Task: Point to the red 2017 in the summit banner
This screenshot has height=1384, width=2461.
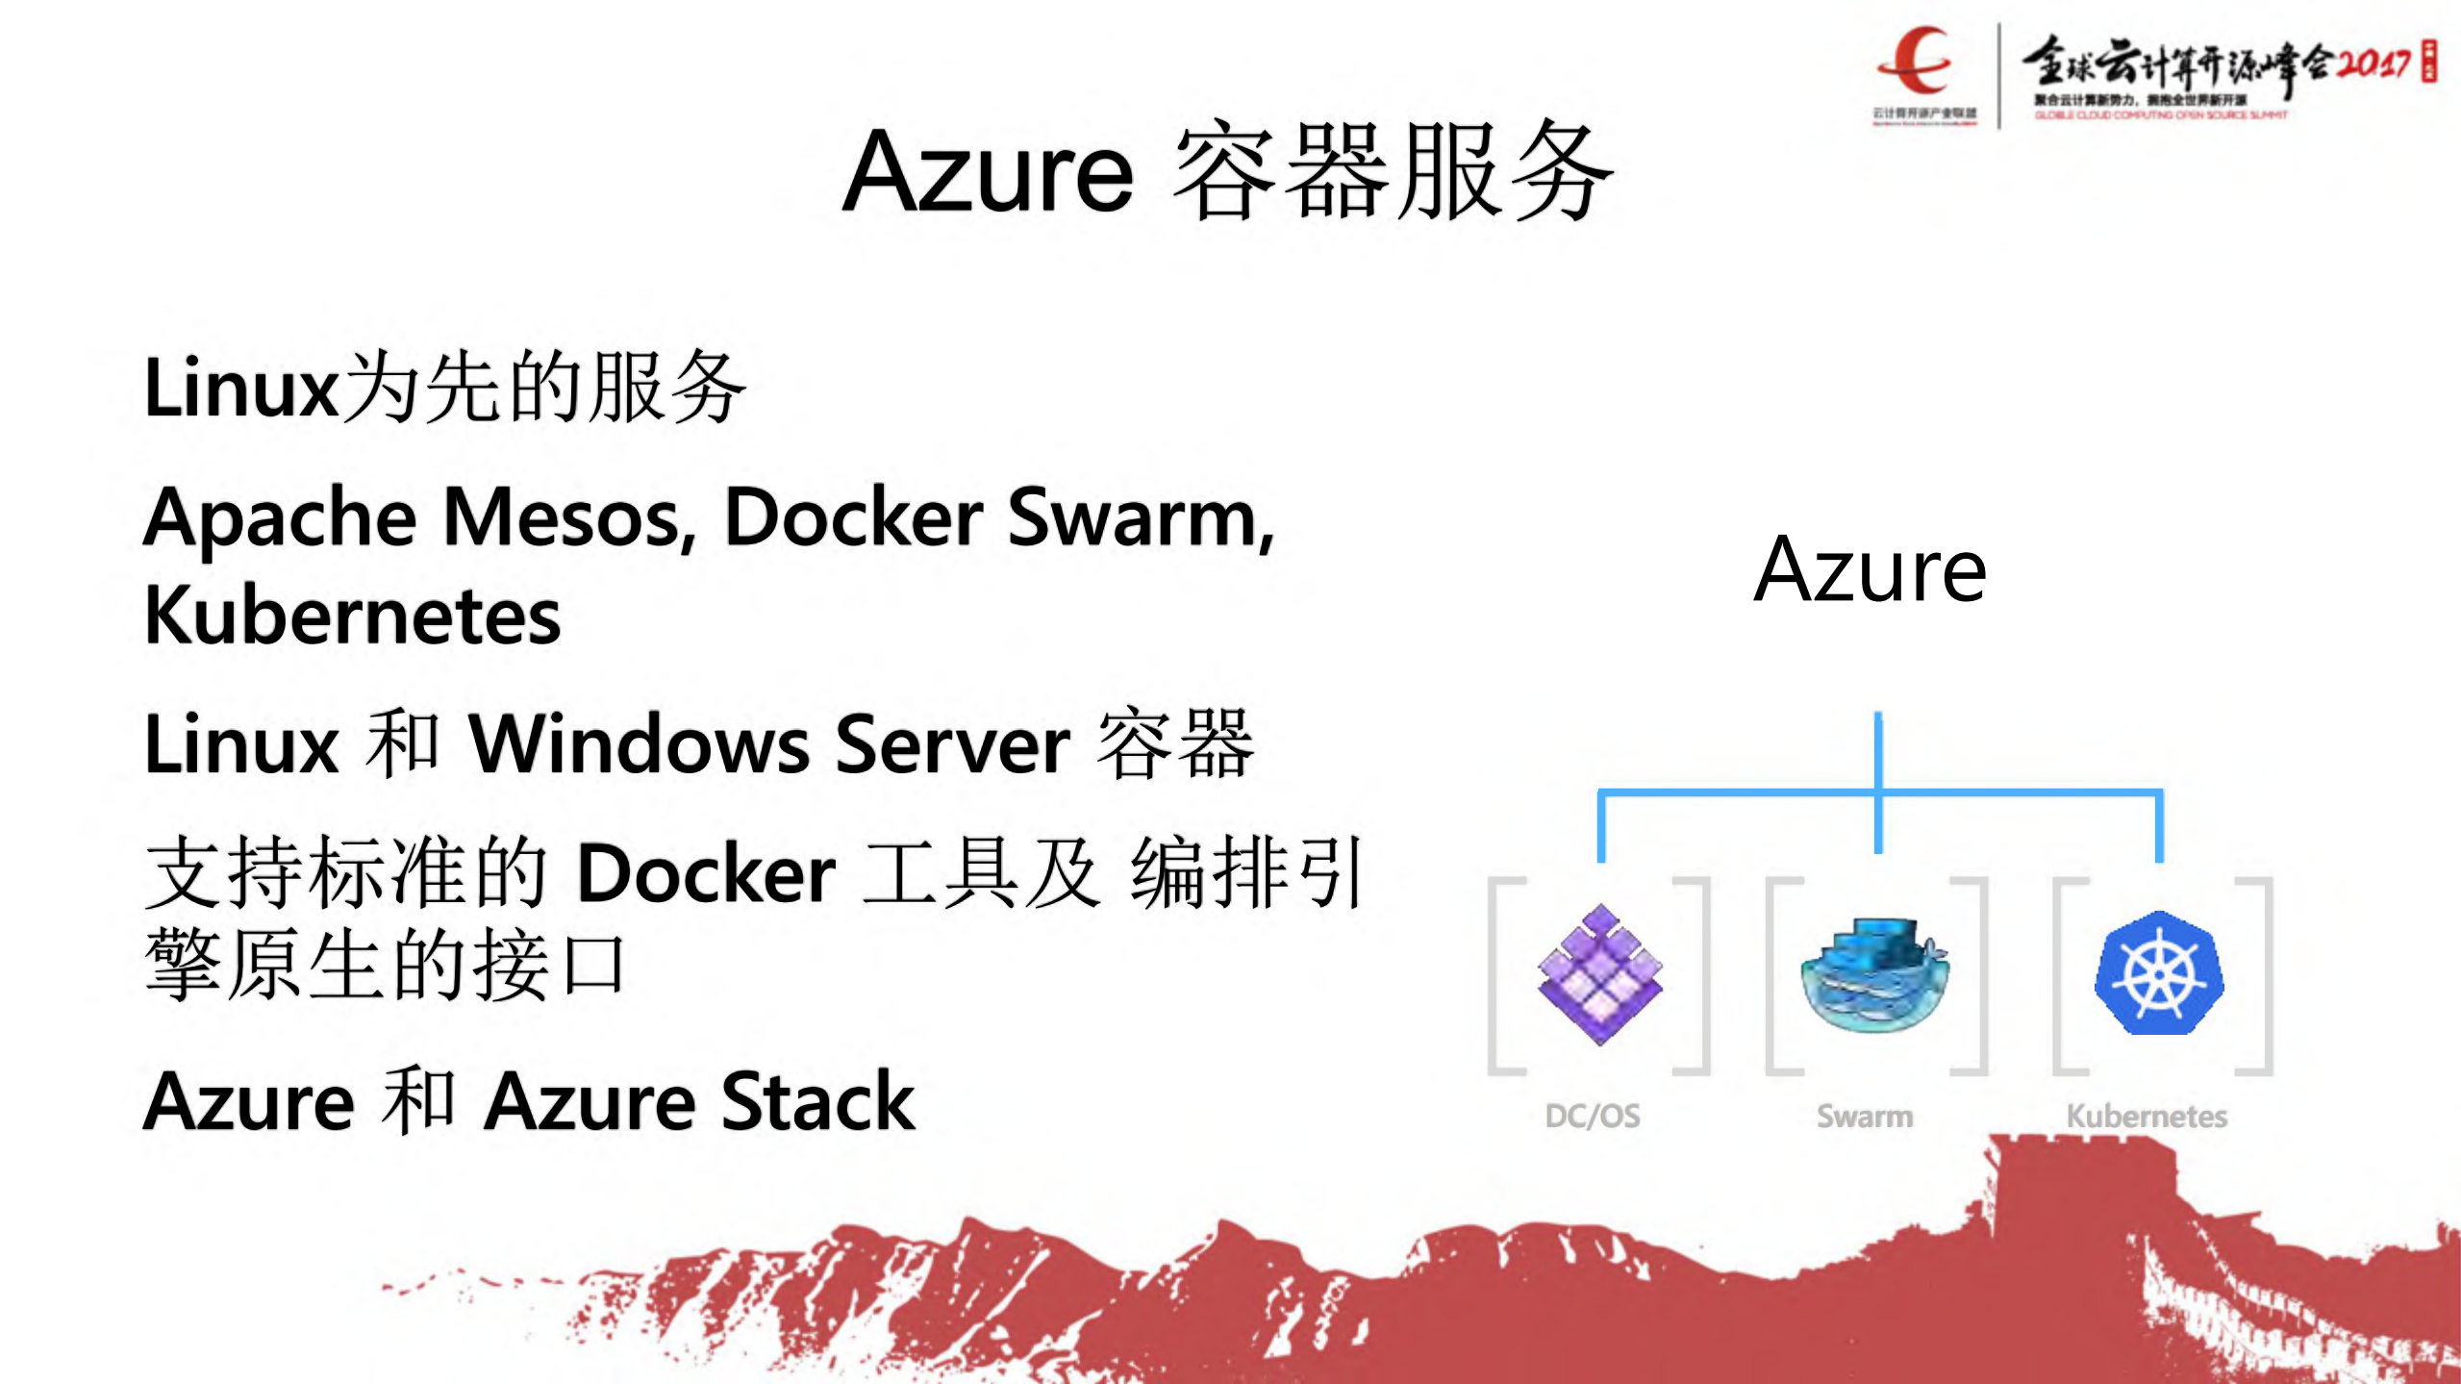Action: tap(2373, 63)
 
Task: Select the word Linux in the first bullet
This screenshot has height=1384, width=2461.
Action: tap(240, 388)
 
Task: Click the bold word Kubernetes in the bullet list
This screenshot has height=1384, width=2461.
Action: tap(352, 617)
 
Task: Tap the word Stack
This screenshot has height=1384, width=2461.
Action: tap(818, 1102)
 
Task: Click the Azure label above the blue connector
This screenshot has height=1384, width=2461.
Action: tap(1870, 570)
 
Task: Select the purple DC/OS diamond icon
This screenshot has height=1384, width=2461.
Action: tap(1599, 974)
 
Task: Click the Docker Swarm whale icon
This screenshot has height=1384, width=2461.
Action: tap(1874, 974)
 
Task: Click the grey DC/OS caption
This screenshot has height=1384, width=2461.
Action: tap(1593, 1116)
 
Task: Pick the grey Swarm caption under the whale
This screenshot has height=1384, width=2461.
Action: tap(1865, 1116)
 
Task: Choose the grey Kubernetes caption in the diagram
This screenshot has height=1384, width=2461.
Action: tap(2147, 1116)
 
